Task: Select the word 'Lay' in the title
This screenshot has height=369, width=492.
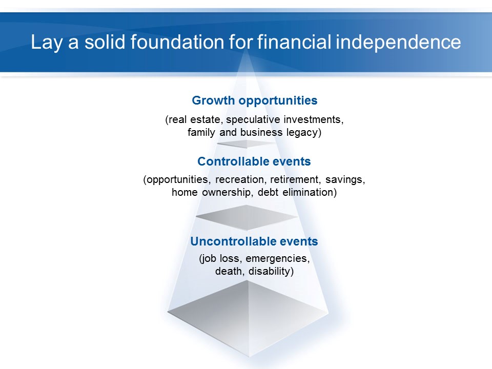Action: pyautogui.click(x=47, y=43)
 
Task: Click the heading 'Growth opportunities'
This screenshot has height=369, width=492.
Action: pyautogui.click(x=255, y=101)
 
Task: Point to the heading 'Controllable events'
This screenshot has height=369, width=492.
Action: pyautogui.click(x=254, y=161)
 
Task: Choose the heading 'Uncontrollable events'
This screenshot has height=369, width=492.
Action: pyautogui.click(x=254, y=241)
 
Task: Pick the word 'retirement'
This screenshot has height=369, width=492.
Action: pyautogui.click(x=295, y=179)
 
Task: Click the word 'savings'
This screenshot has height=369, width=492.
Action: pyautogui.click(x=345, y=180)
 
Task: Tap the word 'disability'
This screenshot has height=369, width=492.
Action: pyautogui.click(x=270, y=272)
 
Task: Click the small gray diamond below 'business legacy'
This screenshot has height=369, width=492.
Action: pyautogui.click(x=247, y=143)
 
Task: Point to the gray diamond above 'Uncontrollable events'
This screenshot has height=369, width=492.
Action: pyautogui.click(x=247, y=217)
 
